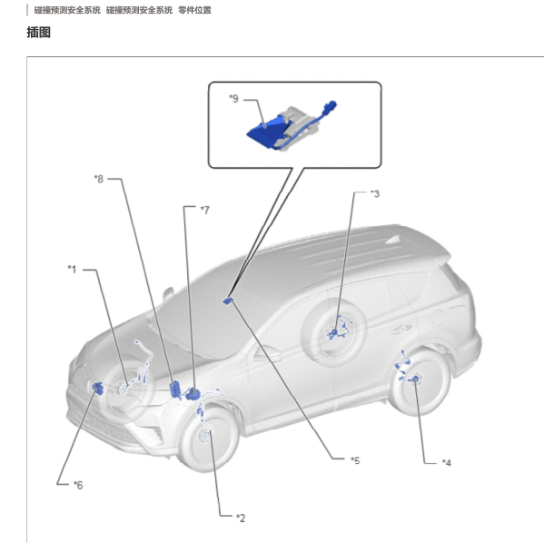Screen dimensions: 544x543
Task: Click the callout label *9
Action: pos(234,99)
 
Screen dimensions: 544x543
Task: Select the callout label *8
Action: pos(99,179)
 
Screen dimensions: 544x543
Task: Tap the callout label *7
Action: pos(205,211)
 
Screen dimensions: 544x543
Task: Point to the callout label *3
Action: pos(375,193)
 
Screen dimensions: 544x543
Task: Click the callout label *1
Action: pos(72,270)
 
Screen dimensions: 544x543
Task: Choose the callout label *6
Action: pos(78,485)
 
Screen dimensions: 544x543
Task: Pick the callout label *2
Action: pos(241,518)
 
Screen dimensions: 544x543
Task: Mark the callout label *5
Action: pos(355,460)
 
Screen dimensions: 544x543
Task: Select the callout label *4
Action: pos(447,463)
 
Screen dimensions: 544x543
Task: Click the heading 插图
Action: pos(39,33)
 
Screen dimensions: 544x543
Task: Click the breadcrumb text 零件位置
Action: pos(194,10)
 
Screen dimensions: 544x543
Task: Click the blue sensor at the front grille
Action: pos(97,388)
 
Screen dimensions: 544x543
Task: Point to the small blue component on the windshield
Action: pos(228,301)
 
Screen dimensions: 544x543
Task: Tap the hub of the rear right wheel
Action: pos(416,380)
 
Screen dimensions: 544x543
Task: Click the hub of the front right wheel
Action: pos(206,436)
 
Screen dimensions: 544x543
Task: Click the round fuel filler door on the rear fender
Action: pos(438,317)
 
